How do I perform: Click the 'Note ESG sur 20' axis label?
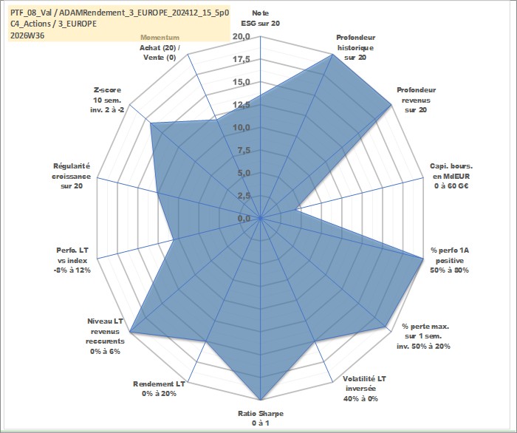[x=260, y=18]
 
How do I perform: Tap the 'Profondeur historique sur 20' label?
[x=355, y=47]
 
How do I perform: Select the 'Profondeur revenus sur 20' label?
[x=416, y=100]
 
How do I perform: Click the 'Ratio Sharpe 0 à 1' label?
[x=261, y=418]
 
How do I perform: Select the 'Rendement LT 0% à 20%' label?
[x=159, y=389]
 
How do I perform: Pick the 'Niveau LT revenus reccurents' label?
[x=105, y=336]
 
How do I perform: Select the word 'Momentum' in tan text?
[x=160, y=37]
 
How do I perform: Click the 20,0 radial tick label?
[x=242, y=36]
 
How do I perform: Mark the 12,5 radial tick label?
[x=242, y=105]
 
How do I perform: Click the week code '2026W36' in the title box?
[x=27, y=35]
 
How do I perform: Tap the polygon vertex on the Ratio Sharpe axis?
[x=261, y=400]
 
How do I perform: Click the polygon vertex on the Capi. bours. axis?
[x=296, y=209]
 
